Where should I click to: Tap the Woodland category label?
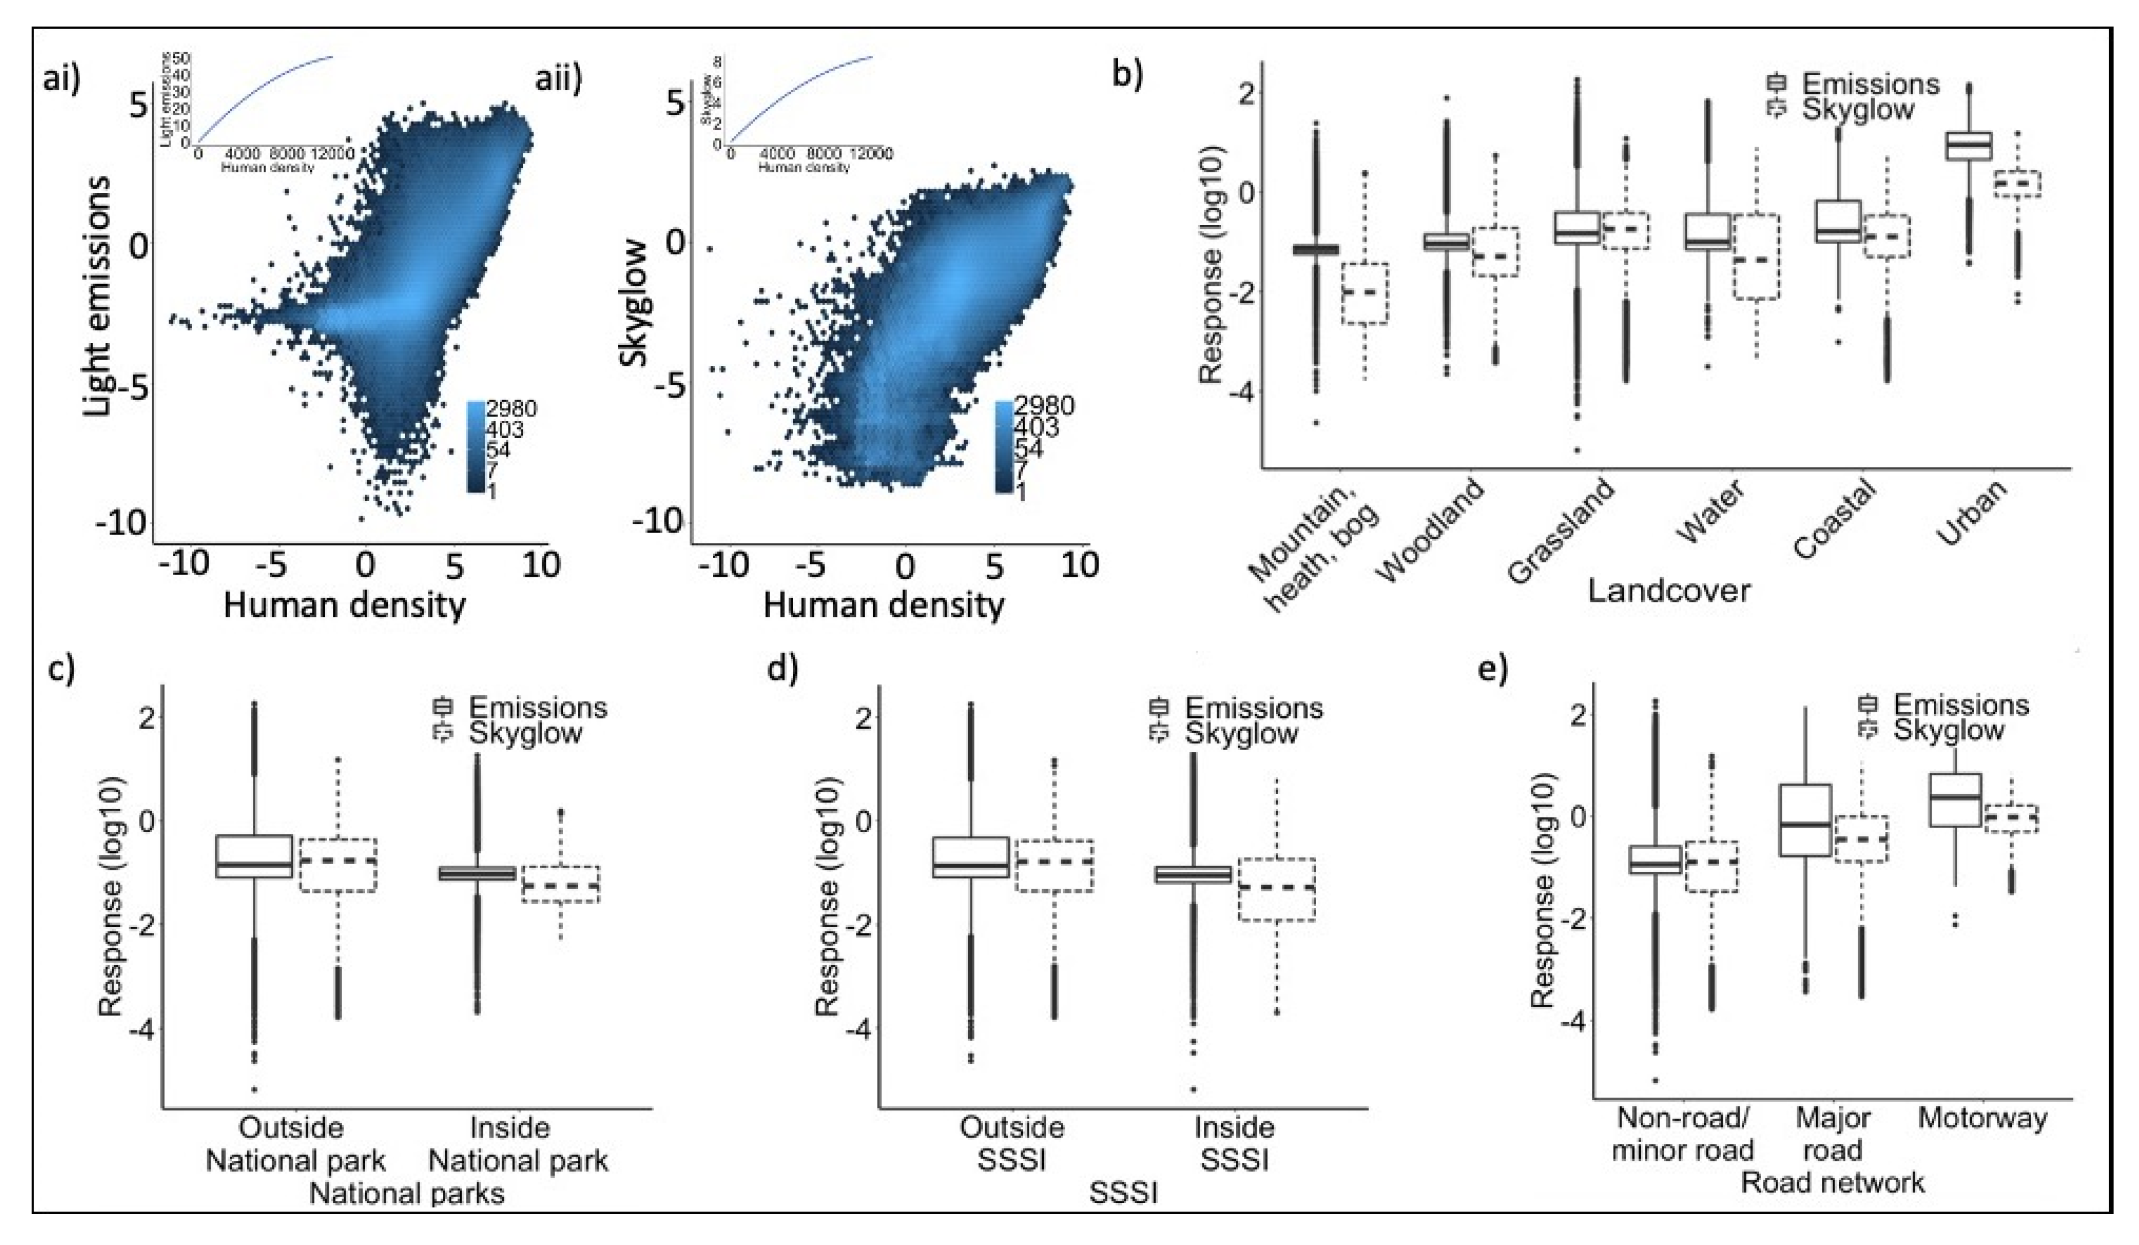1434,530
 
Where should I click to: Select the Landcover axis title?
1668,591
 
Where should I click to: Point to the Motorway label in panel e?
1983,1118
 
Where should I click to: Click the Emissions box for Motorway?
1955,799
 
